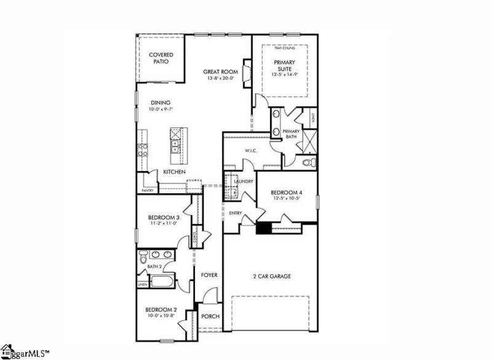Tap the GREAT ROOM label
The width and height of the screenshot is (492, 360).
pyautogui.click(x=220, y=72)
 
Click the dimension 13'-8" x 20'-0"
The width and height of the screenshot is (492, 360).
pyautogui.click(x=220, y=79)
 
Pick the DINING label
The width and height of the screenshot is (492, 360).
pyautogui.click(x=160, y=103)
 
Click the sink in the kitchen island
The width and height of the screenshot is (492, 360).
pyautogui.click(x=175, y=146)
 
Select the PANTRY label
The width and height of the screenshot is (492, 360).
pyautogui.click(x=147, y=191)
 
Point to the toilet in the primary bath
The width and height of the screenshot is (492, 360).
pyautogui.click(x=309, y=163)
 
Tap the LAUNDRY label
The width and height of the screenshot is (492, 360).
pyautogui.click(x=244, y=182)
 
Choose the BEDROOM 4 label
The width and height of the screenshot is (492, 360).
pyautogui.click(x=287, y=193)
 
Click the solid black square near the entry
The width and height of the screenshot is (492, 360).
pyautogui.click(x=263, y=228)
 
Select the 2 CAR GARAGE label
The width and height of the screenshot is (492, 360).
pyautogui.click(x=271, y=276)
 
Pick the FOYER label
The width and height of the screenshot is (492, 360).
pyautogui.click(x=209, y=274)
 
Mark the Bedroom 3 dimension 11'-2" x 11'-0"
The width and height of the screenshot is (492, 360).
pyautogui.click(x=163, y=224)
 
